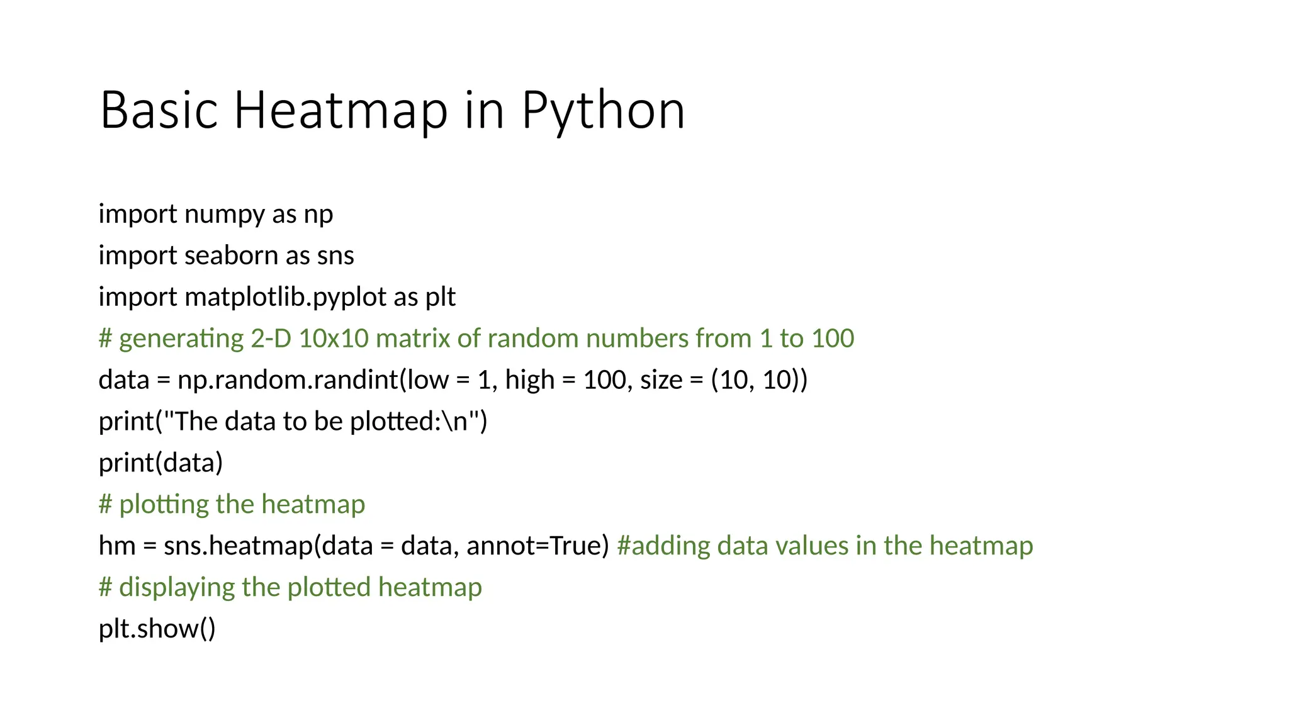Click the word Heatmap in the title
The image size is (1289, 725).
point(341,110)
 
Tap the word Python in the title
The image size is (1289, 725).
point(603,111)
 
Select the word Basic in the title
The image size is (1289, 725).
point(159,110)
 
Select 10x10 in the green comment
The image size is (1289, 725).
point(333,339)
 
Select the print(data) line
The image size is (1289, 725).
point(161,463)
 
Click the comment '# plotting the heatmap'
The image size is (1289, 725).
point(232,504)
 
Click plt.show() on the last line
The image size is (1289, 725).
point(157,629)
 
